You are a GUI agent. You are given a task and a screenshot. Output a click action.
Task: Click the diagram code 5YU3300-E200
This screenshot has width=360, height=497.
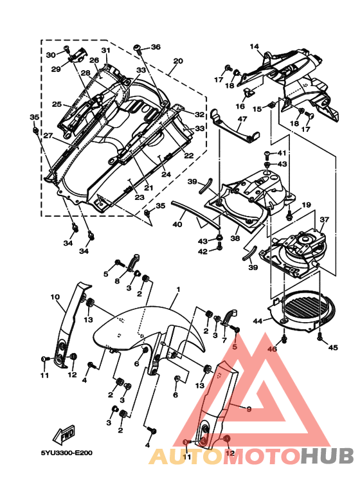click(67, 453)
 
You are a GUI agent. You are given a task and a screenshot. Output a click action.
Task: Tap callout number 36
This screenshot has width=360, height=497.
click(156, 47)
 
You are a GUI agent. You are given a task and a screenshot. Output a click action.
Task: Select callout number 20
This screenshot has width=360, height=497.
click(178, 60)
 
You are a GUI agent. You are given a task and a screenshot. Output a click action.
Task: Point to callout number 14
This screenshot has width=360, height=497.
click(254, 46)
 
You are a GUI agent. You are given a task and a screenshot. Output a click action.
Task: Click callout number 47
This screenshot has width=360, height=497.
click(242, 119)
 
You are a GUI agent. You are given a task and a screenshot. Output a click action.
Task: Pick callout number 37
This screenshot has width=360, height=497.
click(325, 219)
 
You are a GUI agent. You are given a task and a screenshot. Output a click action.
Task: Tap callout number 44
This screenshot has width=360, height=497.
click(258, 321)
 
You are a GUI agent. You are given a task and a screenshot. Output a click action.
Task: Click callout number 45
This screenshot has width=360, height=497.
click(333, 347)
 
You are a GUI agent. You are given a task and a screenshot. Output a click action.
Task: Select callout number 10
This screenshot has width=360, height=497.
click(55, 297)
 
